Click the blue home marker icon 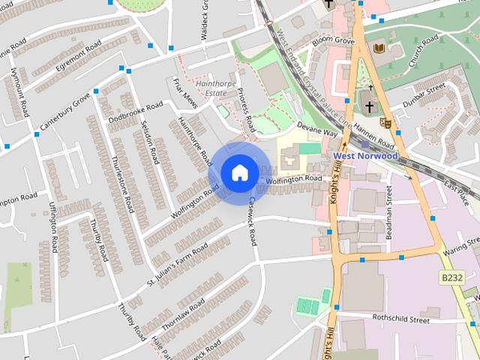pyautogui.click(x=239, y=173)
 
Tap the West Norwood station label pyautogui.click(x=365, y=155)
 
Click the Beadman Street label pyautogui.click(x=389, y=211)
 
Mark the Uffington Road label pyautogui.click(x=55, y=225)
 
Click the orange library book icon pyautogui.click(x=379, y=49)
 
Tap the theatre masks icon pyautogui.click(x=386, y=121)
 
